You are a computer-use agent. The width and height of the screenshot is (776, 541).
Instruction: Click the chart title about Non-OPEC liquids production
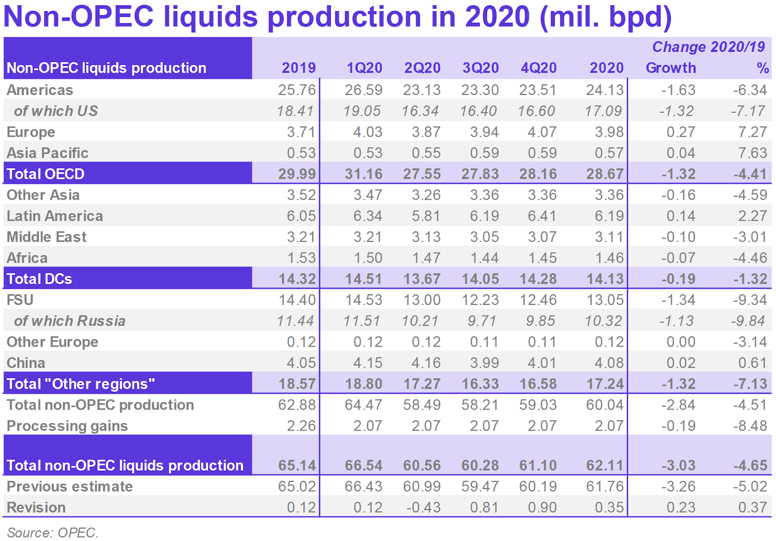pos(338,16)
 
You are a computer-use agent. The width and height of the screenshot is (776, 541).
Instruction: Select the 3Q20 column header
pos(480,68)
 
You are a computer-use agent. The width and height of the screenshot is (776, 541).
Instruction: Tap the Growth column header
pos(671,68)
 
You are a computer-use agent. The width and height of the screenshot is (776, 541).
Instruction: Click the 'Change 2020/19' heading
pos(708,47)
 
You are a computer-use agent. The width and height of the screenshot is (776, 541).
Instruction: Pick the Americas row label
pos(40,90)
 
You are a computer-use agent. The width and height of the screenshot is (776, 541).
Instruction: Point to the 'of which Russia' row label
pos(69,321)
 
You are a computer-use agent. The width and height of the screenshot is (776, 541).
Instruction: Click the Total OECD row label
pos(46,174)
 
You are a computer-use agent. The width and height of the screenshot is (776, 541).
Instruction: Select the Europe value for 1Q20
pos(368,132)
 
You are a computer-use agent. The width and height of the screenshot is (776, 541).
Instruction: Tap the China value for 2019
pos(301,363)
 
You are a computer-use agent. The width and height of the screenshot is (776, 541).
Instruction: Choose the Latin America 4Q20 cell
pos(542,216)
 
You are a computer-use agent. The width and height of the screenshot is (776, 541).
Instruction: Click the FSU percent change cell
pos(750,300)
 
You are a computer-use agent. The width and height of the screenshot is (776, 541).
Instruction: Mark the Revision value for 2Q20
pos(423,508)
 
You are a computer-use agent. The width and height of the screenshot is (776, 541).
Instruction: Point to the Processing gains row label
pos(67,426)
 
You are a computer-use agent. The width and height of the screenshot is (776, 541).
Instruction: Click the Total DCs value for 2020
pos(605,279)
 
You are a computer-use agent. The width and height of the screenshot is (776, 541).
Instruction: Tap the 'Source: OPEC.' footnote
pos(52,533)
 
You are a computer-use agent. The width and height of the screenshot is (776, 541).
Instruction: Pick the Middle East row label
pos(47,237)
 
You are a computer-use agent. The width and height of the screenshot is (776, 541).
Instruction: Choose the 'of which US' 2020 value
pos(603,111)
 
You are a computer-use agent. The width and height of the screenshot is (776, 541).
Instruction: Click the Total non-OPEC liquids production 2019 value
pos(297,466)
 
